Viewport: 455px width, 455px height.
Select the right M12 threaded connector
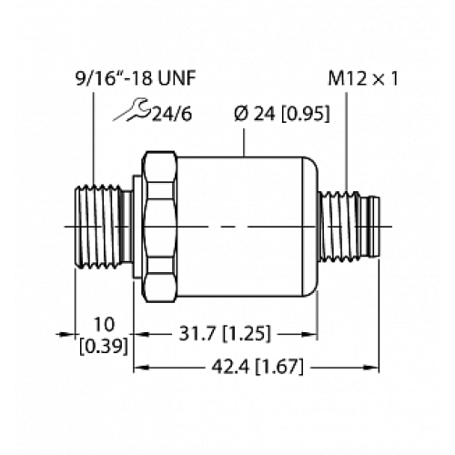[x=343, y=224]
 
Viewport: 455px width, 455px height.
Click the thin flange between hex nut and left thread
[x=134, y=224]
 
